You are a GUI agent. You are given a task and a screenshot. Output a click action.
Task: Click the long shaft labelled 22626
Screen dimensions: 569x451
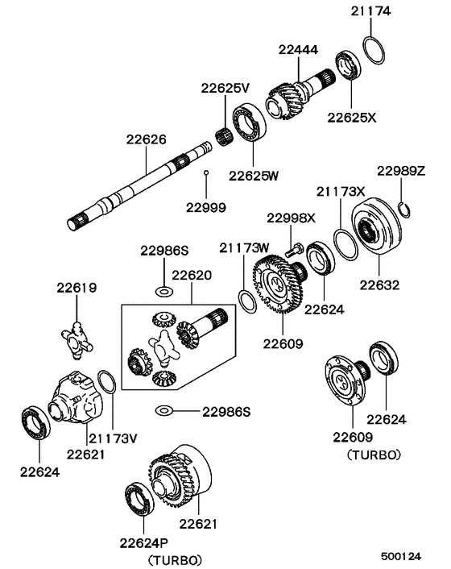click(145, 185)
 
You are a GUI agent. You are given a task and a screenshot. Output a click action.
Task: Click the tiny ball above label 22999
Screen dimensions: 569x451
click(206, 173)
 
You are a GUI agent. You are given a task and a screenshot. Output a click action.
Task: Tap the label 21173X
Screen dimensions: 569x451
click(340, 191)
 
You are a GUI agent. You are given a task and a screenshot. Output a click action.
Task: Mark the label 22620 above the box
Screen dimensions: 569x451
click(192, 275)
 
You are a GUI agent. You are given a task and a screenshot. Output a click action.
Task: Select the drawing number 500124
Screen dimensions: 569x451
click(402, 556)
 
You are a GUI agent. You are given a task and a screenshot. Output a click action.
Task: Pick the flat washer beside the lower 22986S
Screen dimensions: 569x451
click(163, 411)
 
